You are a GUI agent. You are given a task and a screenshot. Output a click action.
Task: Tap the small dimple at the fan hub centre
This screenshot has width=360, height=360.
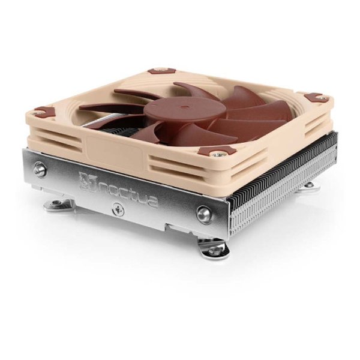(182, 106)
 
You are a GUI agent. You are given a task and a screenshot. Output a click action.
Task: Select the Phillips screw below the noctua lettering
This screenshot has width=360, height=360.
(118, 209)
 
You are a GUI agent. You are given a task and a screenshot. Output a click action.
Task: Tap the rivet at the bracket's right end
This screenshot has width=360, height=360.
(203, 215)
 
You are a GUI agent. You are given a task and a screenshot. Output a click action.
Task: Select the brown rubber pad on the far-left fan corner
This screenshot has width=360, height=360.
(43, 111)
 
